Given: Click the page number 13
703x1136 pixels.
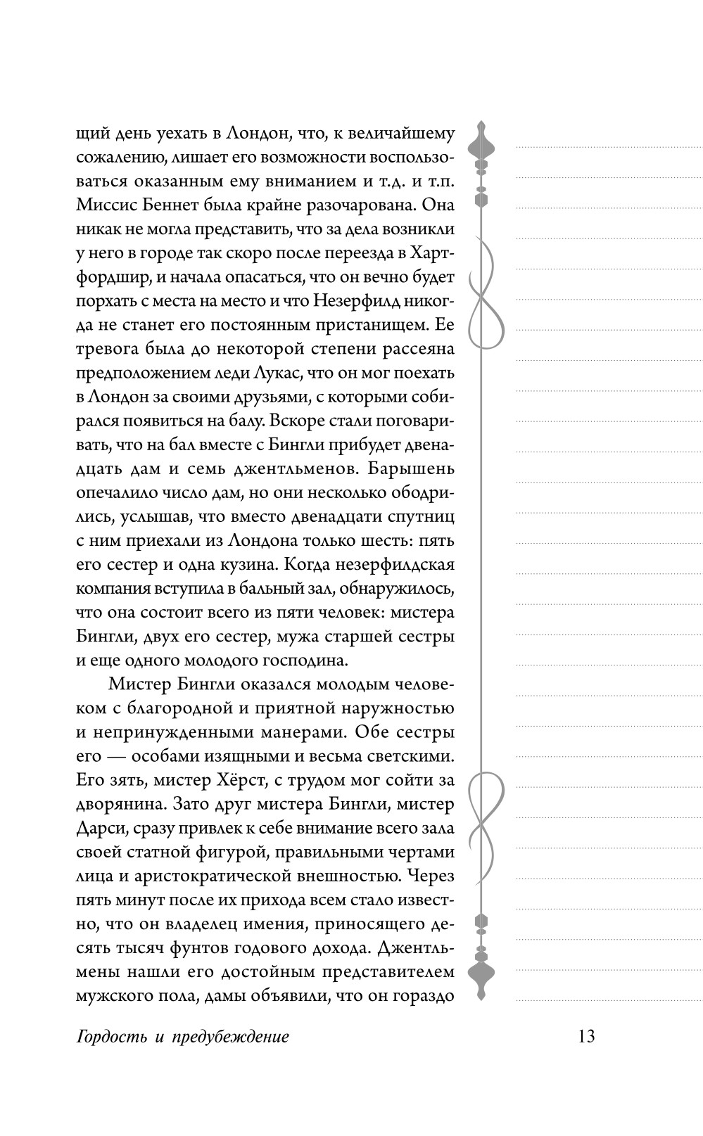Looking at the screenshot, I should click(586, 1036).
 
